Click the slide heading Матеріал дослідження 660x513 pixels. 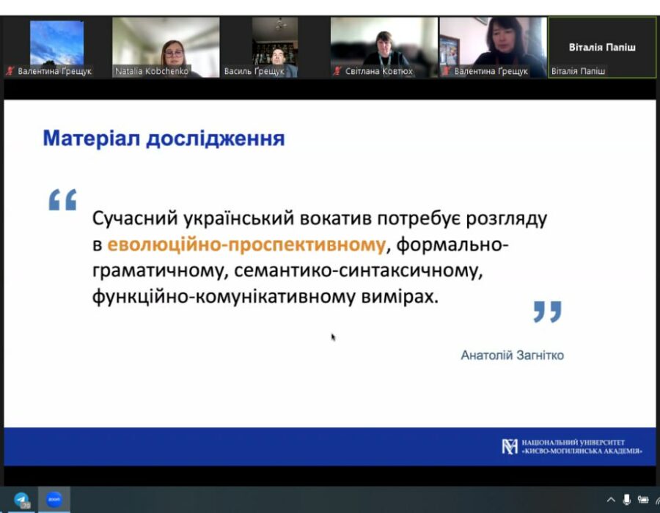tap(164, 139)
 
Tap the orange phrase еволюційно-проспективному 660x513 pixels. tap(246, 244)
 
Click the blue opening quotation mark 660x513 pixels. tap(63, 199)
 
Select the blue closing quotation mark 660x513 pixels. tap(547, 311)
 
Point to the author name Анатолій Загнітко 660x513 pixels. tap(513, 355)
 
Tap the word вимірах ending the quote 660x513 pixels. tap(400, 297)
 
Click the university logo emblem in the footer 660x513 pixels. tap(510, 446)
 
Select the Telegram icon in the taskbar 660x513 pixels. tap(21, 500)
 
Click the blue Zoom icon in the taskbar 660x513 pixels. tap(54, 499)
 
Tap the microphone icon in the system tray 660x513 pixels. tap(627, 500)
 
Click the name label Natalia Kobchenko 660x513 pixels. tap(152, 71)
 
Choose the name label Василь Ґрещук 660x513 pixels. tap(254, 71)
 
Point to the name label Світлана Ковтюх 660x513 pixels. tap(379, 71)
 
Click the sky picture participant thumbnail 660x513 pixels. tap(56, 43)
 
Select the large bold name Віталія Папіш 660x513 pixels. tap(602, 47)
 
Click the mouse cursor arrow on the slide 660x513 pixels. tap(334, 337)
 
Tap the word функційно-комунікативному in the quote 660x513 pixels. tap(224, 297)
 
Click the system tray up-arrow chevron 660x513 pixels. tap(611, 500)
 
